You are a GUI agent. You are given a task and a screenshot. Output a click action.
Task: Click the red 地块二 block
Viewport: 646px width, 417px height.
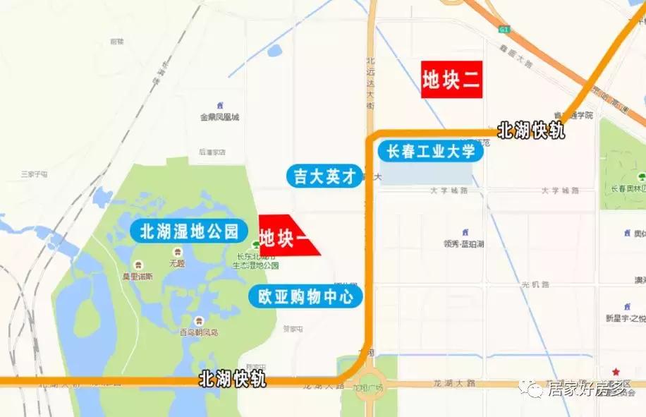pos(451,80)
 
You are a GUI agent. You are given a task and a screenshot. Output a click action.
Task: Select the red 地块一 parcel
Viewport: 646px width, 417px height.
pos(286,236)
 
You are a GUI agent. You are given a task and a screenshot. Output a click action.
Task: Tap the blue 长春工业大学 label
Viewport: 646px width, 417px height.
pos(430,152)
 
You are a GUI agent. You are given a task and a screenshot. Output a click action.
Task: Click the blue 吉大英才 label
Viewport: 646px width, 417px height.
pos(324,176)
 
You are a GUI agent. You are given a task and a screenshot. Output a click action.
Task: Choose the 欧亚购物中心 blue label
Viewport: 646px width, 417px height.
pos(305,297)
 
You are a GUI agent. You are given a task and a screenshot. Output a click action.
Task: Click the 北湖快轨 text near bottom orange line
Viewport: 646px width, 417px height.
pos(233,380)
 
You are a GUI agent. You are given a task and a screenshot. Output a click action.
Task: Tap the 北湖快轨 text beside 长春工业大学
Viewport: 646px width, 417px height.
pos(531,131)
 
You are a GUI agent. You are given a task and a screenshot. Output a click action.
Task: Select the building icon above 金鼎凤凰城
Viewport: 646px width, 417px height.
pos(220,104)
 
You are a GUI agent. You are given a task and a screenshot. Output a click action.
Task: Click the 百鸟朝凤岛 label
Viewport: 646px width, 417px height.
pos(199,332)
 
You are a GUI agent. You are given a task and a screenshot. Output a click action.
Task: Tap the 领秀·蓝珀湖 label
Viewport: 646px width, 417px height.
pos(463,244)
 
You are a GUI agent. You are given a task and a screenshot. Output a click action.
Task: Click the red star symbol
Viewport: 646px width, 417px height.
pos(616,371)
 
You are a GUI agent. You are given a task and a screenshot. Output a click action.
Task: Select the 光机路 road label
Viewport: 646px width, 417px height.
pos(535,284)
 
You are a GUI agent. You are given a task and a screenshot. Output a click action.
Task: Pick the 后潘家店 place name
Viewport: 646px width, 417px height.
pos(212,151)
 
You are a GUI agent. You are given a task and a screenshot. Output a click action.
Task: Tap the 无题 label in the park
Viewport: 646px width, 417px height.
pos(176,263)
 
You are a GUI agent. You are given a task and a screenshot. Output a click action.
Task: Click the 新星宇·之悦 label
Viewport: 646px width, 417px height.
pos(625,318)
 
